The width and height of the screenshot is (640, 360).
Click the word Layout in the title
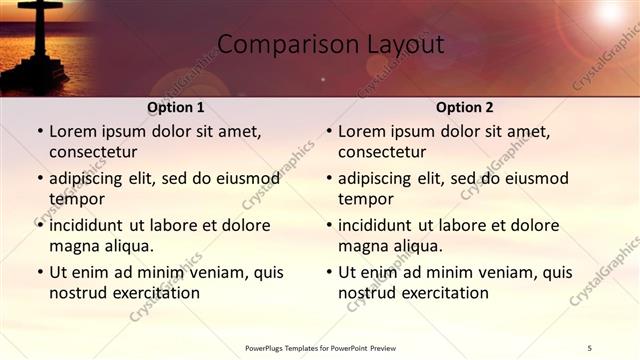pyautogui.click(x=405, y=44)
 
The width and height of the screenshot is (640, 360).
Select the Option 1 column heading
pyautogui.click(x=176, y=107)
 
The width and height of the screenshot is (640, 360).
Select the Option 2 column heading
pyautogui.click(x=465, y=107)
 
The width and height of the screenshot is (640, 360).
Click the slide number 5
pyautogui.click(x=590, y=347)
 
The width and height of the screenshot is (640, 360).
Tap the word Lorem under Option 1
pyautogui.click(x=72, y=131)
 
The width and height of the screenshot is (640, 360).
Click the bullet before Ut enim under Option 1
pyautogui.click(x=39, y=272)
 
